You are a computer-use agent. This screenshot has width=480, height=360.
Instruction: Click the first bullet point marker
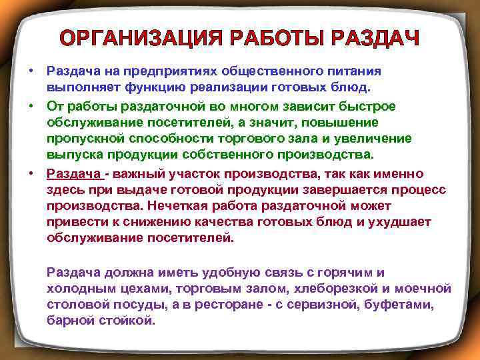(31, 70)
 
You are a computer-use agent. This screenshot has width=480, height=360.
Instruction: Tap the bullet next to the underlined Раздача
(31, 173)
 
